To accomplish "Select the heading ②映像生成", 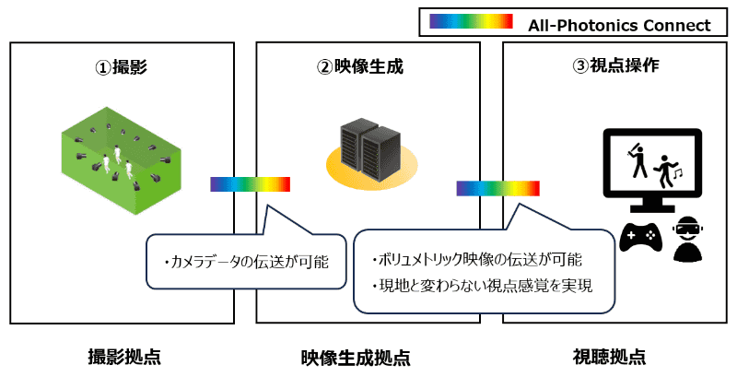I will point(368,67).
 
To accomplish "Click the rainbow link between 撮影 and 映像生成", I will point(251,183).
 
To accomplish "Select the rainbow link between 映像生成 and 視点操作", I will point(497,189).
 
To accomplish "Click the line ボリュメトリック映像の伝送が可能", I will point(477,260).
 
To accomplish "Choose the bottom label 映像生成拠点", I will point(368,357).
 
